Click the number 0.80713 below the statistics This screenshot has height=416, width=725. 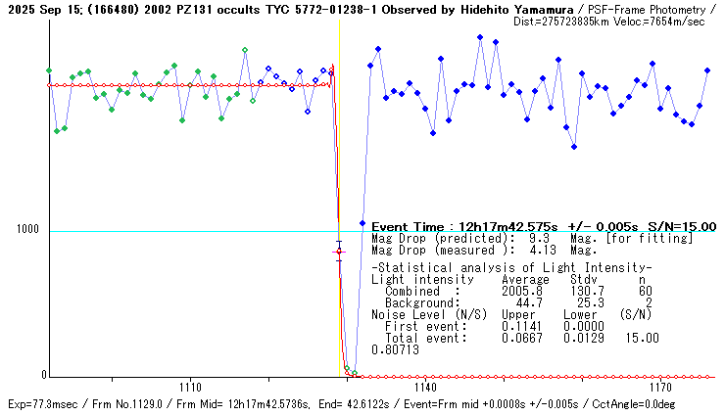tap(396, 349)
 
